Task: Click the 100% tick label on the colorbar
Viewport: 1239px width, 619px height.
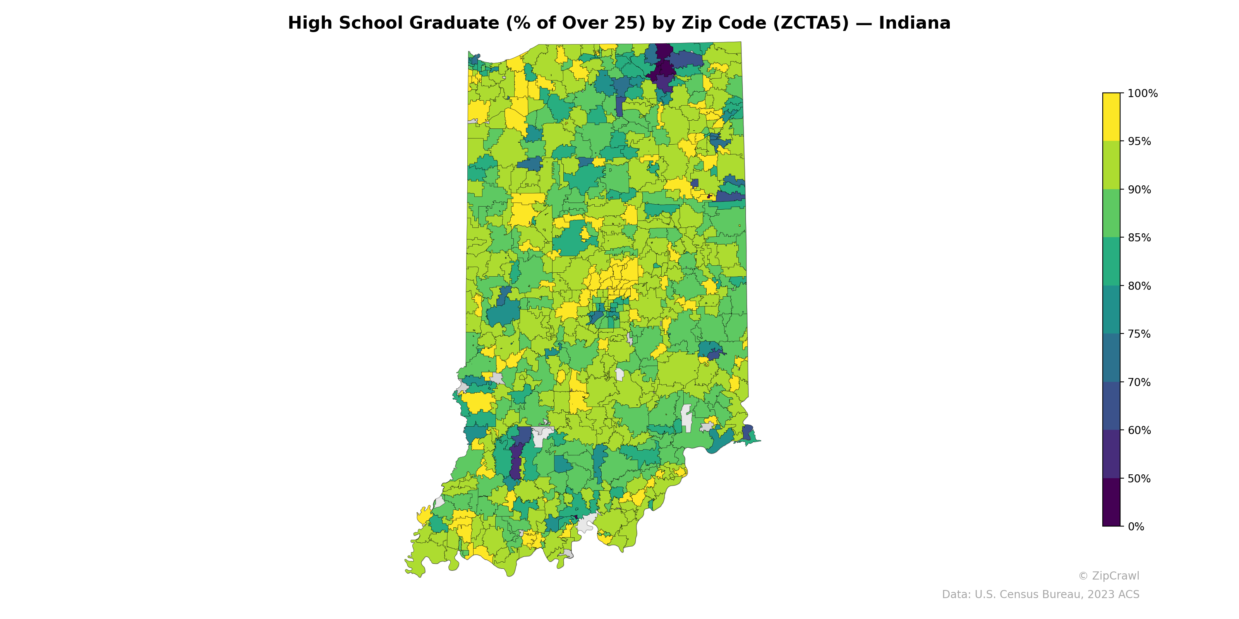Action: coord(1142,94)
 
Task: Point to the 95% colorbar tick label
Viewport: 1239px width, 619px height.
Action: coord(1139,142)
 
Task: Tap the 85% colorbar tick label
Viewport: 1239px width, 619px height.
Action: coord(1139,238)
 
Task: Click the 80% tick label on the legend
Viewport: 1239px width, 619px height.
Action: coord(1139,286)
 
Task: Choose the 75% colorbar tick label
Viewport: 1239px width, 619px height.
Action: coord(1139,334)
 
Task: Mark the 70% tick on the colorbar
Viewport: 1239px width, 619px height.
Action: coord(1139,383)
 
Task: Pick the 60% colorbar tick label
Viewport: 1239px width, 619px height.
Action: coord(1139,431)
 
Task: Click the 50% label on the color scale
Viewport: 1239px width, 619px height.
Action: coord(1139,479)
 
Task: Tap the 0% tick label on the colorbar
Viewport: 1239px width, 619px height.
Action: coord(1136,527)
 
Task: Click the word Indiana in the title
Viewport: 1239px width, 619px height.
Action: coord(914,23)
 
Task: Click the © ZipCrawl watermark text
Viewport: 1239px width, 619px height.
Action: coord(1108,576)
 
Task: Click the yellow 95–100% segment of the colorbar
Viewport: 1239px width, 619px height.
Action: coord(1111,117)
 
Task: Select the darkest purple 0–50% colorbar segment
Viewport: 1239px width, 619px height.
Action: coord(1111,502)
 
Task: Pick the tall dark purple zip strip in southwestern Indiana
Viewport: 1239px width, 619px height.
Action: coord(516,462)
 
